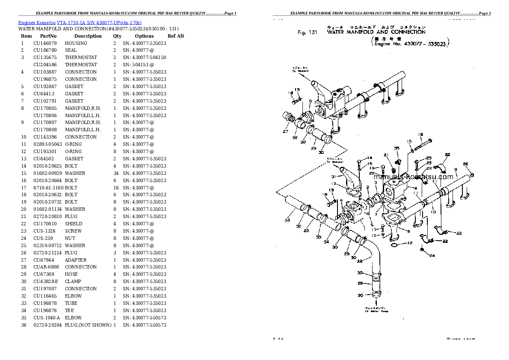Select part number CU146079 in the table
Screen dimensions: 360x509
tap(45, 43)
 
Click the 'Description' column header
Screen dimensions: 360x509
tap(88, 36)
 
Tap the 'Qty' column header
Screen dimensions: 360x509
tap(117, 36)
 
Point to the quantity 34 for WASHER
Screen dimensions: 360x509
tap(115, 173)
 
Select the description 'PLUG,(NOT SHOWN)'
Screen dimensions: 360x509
tap(88, 325)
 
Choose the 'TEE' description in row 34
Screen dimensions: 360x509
tap(70, 310)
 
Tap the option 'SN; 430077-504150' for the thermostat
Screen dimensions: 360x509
tap(144, 57)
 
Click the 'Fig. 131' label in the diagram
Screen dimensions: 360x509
tap(307, 32)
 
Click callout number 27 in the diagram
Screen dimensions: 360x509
tap(285, 131)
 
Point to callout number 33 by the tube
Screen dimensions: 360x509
tap(287, 220)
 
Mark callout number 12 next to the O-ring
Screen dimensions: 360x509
tap(410, 243)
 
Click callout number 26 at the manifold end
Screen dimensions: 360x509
tap(465, 164)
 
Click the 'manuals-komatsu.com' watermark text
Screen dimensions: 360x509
tap(413, 177)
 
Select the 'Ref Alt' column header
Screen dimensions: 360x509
tap(175, 36)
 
